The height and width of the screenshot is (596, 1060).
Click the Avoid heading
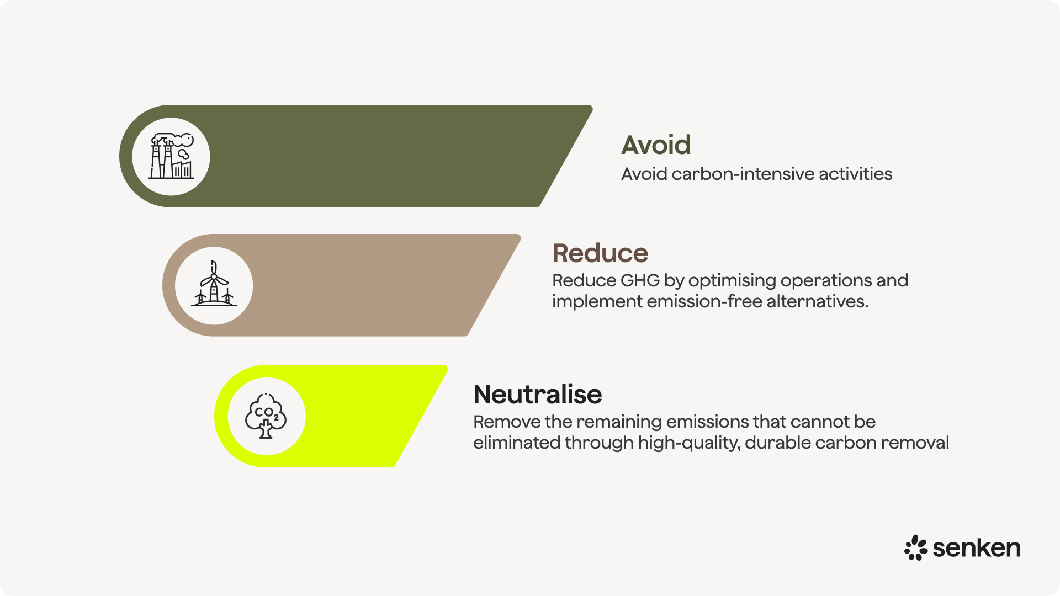[656, 145]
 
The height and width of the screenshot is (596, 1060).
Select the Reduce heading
[600, 253]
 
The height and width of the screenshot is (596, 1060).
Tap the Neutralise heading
[537, 395]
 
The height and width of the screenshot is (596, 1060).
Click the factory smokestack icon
[171, 156]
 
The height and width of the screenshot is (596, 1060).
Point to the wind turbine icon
[214, 285]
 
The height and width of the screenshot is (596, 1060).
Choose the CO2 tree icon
[266, 416]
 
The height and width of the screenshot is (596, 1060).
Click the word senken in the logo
[976, 548]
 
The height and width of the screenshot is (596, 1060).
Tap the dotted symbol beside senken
[915, 547]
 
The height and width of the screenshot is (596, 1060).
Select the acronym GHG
[640, 280]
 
